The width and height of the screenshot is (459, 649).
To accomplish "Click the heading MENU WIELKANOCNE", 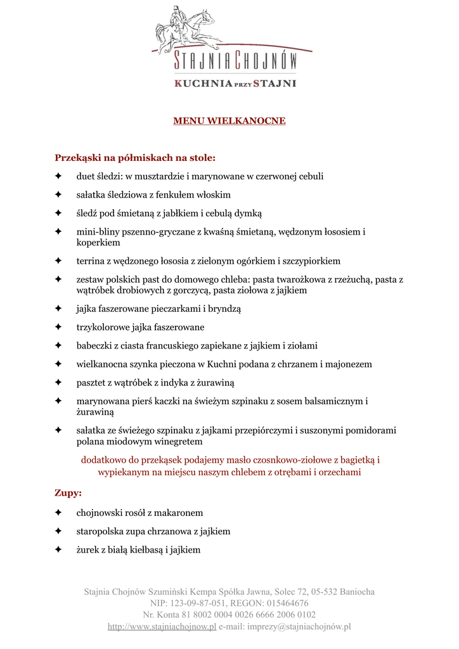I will click(229, 120).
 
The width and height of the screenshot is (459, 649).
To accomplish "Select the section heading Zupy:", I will click(68, 492).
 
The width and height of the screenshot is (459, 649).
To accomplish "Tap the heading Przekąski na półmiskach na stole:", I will click(135, 157).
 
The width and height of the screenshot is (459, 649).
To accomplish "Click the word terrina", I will click(91, 260).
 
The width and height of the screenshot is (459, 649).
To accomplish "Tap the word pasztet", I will click(92, 383).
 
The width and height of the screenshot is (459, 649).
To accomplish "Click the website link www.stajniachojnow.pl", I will click(162, 627).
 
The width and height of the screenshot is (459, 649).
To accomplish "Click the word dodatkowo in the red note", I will click(102, 460).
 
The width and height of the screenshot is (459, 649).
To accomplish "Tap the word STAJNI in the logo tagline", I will click(275, 82).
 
